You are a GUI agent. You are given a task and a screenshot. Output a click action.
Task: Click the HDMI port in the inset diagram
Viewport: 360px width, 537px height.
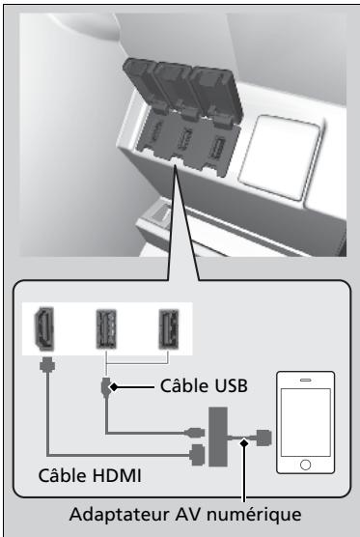pyautogui.click(x=44, y=328)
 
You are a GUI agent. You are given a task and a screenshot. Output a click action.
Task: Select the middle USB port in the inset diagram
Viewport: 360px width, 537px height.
pyautogui.click(x=106, y=328)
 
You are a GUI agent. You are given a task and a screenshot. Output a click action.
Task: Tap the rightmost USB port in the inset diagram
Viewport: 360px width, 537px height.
pyautogui.click(x=169, y=328)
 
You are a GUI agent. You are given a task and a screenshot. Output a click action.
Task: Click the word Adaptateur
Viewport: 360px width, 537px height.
pyautogui.click(x=120, y=516)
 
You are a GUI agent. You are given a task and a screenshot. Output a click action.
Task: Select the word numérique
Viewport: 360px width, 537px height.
pyautogui.click(x=255, y=515)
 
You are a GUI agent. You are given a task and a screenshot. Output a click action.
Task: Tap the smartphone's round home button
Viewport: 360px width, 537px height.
pyautogui.click(x=305, y=465)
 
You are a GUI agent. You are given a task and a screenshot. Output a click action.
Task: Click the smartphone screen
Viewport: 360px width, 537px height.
pyautogui.click(x=306, y=422)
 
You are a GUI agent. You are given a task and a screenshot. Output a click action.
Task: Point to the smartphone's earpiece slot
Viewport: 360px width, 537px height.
pyautogui.click(x=306, y=380)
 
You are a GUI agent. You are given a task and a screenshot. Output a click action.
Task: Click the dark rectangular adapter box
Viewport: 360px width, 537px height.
pyautogui.click(x=218, y=437)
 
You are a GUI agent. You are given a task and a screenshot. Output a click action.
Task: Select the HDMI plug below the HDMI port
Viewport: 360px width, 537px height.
pyautogui.click(x=47, y=364)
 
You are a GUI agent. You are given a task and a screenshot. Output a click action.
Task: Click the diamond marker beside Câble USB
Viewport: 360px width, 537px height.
pyautogui.click(x=114, y=387)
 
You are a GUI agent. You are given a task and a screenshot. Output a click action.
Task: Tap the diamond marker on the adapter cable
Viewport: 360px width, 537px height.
pyautogui.click(x=244, y=442)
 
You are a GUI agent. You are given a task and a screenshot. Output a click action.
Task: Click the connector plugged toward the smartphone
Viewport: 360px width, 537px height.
pyautogui.click(x=263, y=438)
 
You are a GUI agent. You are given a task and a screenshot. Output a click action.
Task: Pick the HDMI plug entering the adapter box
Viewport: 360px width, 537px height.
pyautogui.click(x=198, y=455)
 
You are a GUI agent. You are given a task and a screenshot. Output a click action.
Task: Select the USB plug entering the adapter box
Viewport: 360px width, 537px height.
pyautogui.click(x=196, y=433)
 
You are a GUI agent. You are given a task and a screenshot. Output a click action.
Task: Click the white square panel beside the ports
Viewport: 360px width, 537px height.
pyautogui.click(x=280, y=157)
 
